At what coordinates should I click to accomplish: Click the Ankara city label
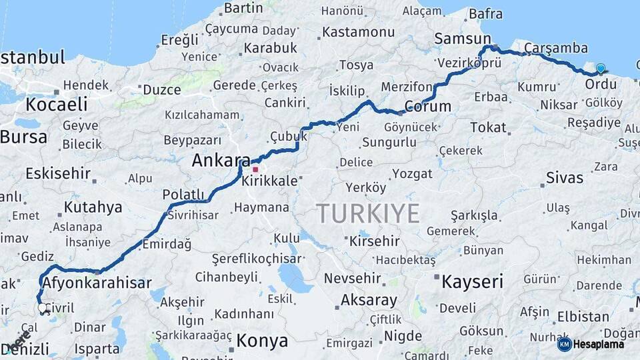click(x=221, y=161)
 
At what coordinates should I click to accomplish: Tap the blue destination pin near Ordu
click(x=601, y=69)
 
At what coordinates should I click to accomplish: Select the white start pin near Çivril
click(x=43, y=309)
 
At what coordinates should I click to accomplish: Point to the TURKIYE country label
click(x=368, y=213)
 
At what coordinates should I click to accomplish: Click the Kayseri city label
click(x=472, y=281)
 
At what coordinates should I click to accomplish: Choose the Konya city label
click(x=262, y=341)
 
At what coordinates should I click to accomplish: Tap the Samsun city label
click(x=462, y=39)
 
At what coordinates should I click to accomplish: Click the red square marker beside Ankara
click(x=255, y=169)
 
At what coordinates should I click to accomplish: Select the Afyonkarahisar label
click(x=97, y=283)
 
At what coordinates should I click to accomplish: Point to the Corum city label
click(x=427, y=107)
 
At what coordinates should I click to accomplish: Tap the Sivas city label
click(x=564, y=178)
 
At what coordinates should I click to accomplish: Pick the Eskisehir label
click(x=58, y=174)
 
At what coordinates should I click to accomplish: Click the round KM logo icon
click(x=564, y=344)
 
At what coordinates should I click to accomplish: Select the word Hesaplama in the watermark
click(x=599, y=344)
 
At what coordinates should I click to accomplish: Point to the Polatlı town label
click(x=183, y=194)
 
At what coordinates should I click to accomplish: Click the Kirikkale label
click(x=271, y=181)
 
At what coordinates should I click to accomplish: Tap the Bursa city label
click(x=24, y=137)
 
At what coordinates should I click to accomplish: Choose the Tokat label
click(x=488, y=127)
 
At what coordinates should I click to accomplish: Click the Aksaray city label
click(x=369, y=301)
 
